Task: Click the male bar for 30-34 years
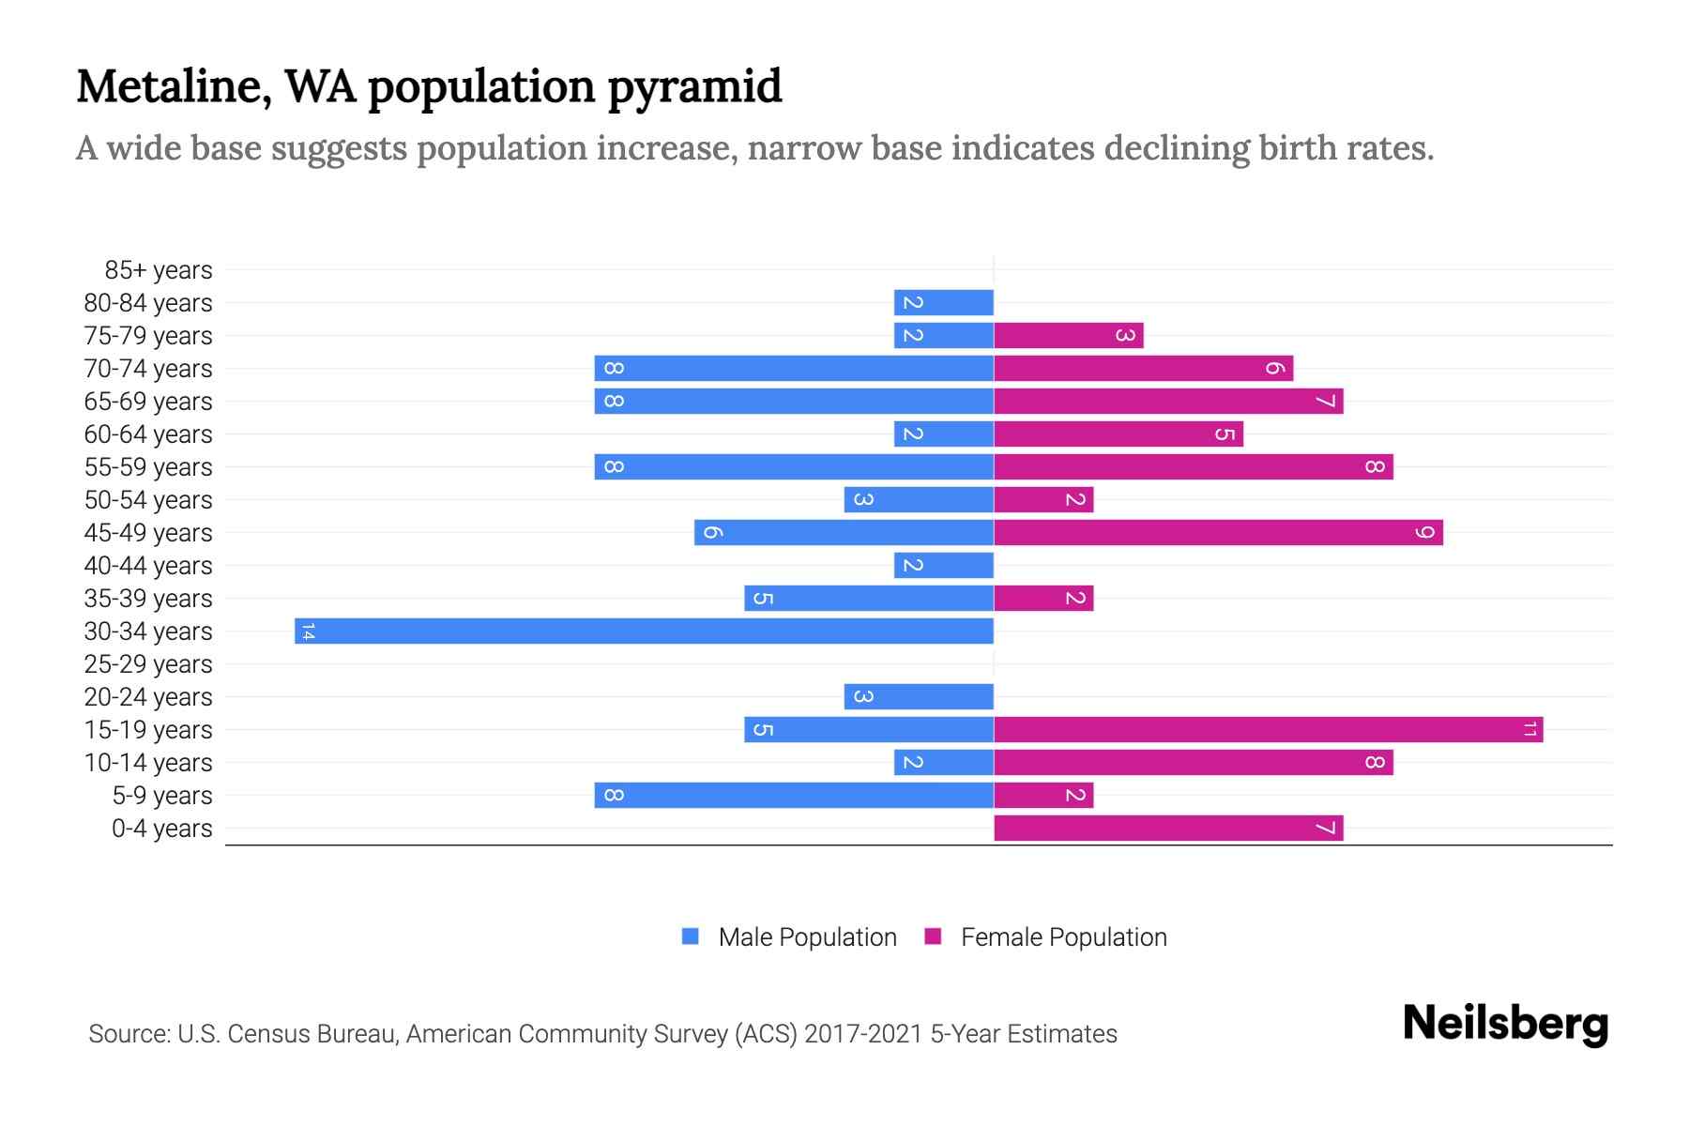(644, 631)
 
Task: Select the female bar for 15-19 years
(1268, 729)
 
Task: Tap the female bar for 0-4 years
(1168, 828)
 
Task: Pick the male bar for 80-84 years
(944, 302)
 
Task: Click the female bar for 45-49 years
(1218, 532)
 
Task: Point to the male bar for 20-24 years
(919, 696)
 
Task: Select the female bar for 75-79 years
(1068, 335)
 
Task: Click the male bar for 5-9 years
(794, 795)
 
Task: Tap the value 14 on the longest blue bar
(308, 631)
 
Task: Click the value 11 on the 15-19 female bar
(1529, 729)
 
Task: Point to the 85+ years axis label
(158, 270)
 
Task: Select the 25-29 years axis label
(148, 664)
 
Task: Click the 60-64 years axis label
(148, 434)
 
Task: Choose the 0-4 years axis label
(161, 829)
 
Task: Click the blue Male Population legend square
(691, 936)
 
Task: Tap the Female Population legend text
(1063, 937)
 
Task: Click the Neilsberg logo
(1505, 1024)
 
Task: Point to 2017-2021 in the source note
(863, 1034)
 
